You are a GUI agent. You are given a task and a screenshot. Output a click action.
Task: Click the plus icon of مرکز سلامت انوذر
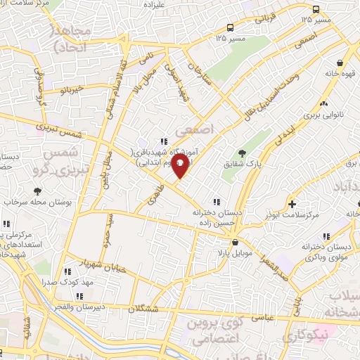tap(292, 204)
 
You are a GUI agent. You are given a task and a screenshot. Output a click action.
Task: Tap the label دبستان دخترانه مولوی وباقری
tap(328, 252)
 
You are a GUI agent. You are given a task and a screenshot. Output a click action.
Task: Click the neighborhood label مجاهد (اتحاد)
tap(69, 39)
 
